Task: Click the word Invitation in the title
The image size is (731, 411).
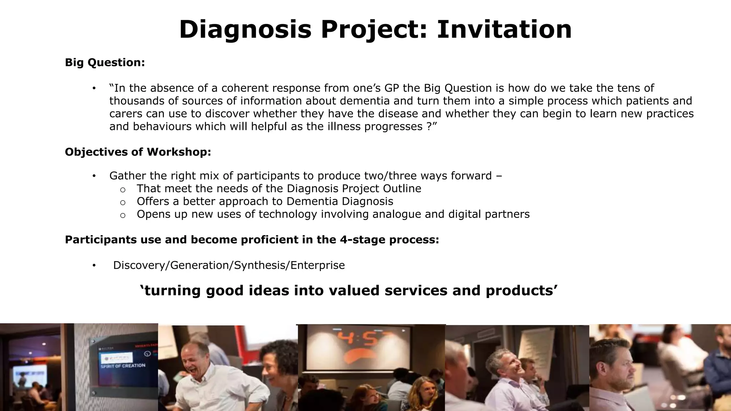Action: pos(504,29)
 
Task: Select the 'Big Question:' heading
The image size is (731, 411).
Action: pos(105,62)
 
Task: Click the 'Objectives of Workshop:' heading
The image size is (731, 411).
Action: pos(138,152)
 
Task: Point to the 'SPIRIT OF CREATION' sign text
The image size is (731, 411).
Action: pos(123,366)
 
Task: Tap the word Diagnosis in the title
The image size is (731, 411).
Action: pos(245,29)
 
